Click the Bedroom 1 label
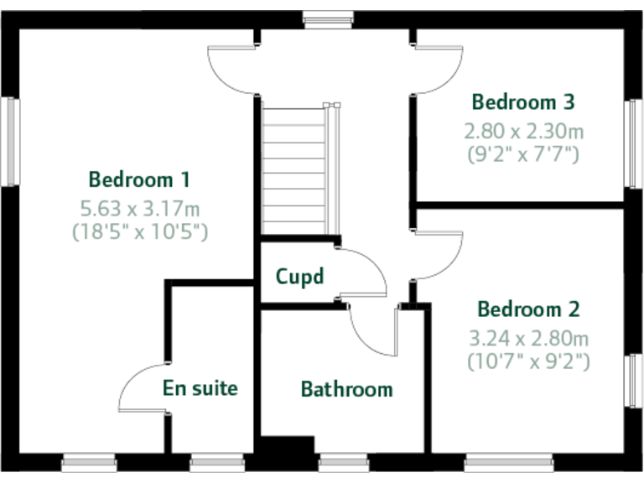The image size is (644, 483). coord(139,179)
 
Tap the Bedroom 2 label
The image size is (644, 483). coord(528,309)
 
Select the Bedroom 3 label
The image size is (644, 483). coord(523,103)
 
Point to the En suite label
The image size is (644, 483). coord(200,388)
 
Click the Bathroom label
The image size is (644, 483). coord(346,389)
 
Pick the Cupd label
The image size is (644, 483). coord(299,277)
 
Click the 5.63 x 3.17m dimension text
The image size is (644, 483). coord(139,207)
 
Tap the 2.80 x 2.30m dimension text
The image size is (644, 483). coord(524,131)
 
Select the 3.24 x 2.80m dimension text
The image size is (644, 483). coord(528,339)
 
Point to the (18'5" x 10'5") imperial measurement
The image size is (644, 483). coord(139,231)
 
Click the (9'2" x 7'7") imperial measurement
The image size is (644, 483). coord(523,153)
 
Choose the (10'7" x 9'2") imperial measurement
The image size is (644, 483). coord(528,361)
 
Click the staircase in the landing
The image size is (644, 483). coord(293,168)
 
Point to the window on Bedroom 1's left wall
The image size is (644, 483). coord(12,141)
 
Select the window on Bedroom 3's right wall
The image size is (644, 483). coord(632,143)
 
